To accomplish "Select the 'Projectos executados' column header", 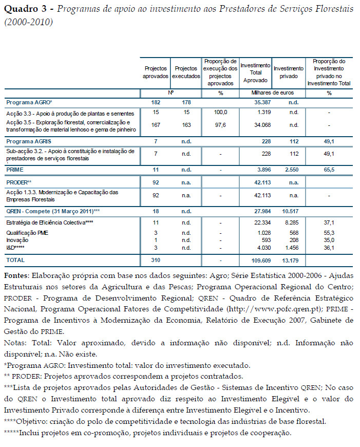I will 185,72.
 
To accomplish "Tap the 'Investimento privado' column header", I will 289,72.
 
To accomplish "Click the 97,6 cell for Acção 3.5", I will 220,125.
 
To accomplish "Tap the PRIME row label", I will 14,169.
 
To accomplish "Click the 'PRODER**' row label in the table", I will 19,182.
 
